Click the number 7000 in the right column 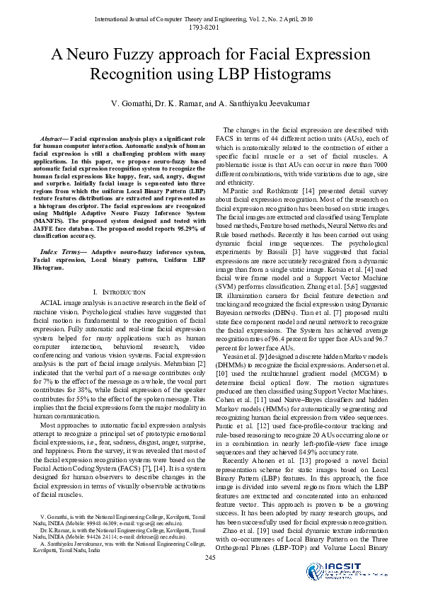pos(377,164)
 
